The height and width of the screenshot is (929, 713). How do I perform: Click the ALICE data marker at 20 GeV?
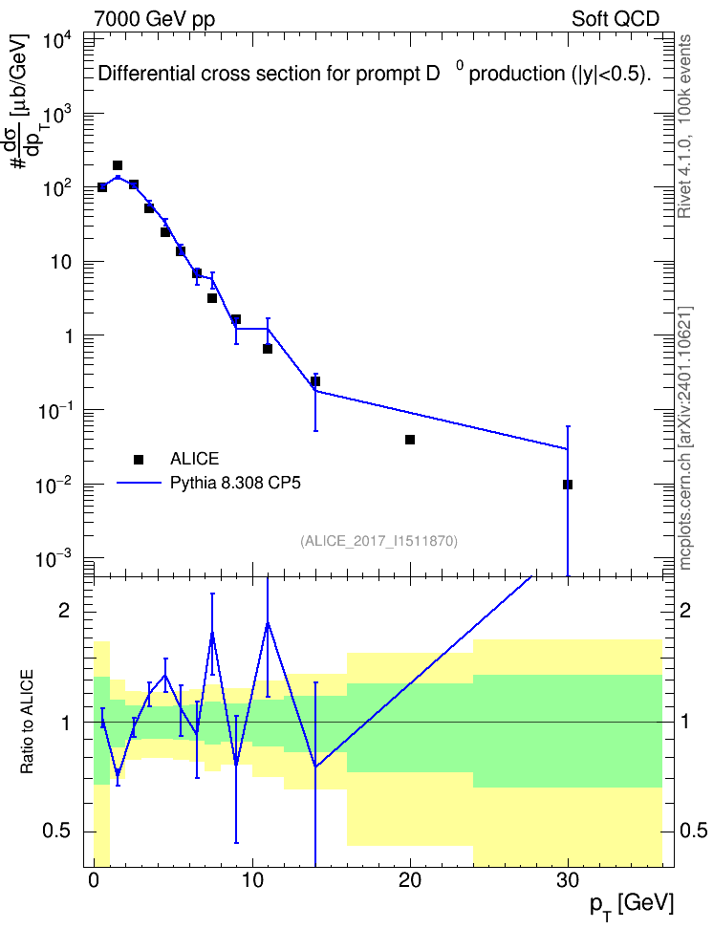[x=410, y=440]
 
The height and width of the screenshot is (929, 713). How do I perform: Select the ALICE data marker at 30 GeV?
[x=568, y=485]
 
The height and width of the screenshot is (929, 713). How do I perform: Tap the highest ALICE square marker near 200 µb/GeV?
[x=118, y=165]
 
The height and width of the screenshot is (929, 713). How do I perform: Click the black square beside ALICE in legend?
[x=139, y=459]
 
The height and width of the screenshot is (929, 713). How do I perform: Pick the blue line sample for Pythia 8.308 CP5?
[x=139, y=483]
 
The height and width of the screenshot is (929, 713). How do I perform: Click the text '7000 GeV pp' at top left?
[x=154, y=19]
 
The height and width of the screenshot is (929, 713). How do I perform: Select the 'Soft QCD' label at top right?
[x=616, y=19]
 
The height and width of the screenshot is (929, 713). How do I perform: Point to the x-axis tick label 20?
[x=410, y=880]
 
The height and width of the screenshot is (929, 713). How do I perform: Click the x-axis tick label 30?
[x=568, y=880]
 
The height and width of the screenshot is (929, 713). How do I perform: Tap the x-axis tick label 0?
[x=94, y=880]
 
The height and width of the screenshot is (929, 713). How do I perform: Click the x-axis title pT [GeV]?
[x=632, y=906]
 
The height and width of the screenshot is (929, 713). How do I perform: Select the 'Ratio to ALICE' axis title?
[x=27, y=722]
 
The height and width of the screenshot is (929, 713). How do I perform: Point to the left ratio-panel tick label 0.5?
[x=57, y=832]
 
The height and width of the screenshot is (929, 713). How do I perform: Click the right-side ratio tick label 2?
[x=685, y=611]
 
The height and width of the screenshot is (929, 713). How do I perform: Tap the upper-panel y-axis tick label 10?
[x=60, y=262]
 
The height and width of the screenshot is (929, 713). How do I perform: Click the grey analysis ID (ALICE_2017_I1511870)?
[x=378, y=541]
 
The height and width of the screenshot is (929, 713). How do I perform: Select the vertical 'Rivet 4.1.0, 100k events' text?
[x=684, y=126]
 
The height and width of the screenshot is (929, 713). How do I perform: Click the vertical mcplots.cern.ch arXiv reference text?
[x=685, y=438]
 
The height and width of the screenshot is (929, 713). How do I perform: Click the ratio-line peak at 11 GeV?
[x=268, y=623]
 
